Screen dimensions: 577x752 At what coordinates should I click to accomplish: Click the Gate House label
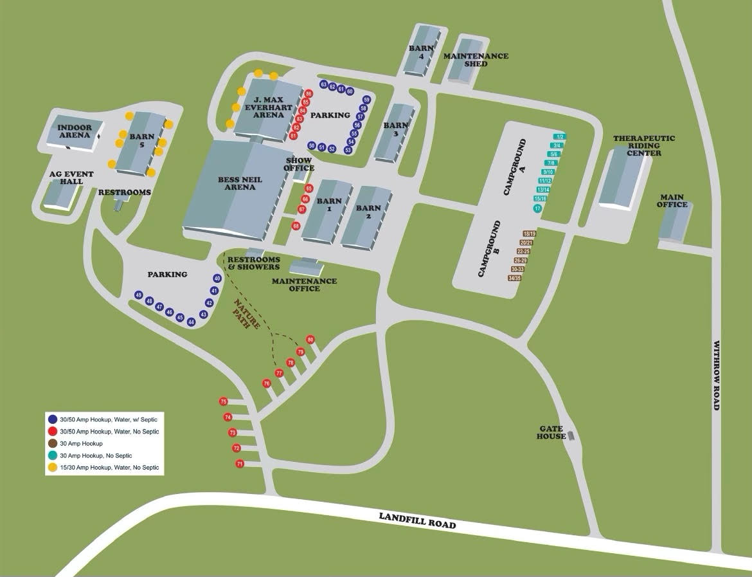(x=552, y=432)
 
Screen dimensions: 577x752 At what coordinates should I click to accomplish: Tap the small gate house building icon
(x=570, y=436)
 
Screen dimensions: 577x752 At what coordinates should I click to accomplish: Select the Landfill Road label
(x=417, y=520)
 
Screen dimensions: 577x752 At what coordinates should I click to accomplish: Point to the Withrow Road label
(x=716, y=376)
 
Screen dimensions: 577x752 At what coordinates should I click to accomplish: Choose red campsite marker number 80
(x=310, y=340)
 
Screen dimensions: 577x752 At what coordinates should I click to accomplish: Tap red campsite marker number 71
(x=240, y=464)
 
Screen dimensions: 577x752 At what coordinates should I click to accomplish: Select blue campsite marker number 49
(x=138, y=295)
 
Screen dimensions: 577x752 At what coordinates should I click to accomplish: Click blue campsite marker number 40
(x=217, y=279)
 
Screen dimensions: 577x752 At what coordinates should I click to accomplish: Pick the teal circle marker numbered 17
(x=537, y=208)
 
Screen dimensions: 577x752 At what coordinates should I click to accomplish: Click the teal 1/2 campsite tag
(x=560, y=136)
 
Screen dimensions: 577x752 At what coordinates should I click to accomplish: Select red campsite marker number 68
(x=296, y=226)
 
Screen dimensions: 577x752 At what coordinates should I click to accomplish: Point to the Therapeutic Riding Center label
(x=636, y=145)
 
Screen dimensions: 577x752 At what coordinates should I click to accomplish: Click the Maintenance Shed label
(x=476, y=60)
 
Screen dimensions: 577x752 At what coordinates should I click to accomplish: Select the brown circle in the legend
(x=52, y=444)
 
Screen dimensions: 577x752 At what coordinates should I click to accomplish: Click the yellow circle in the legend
(x=52, y=468)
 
